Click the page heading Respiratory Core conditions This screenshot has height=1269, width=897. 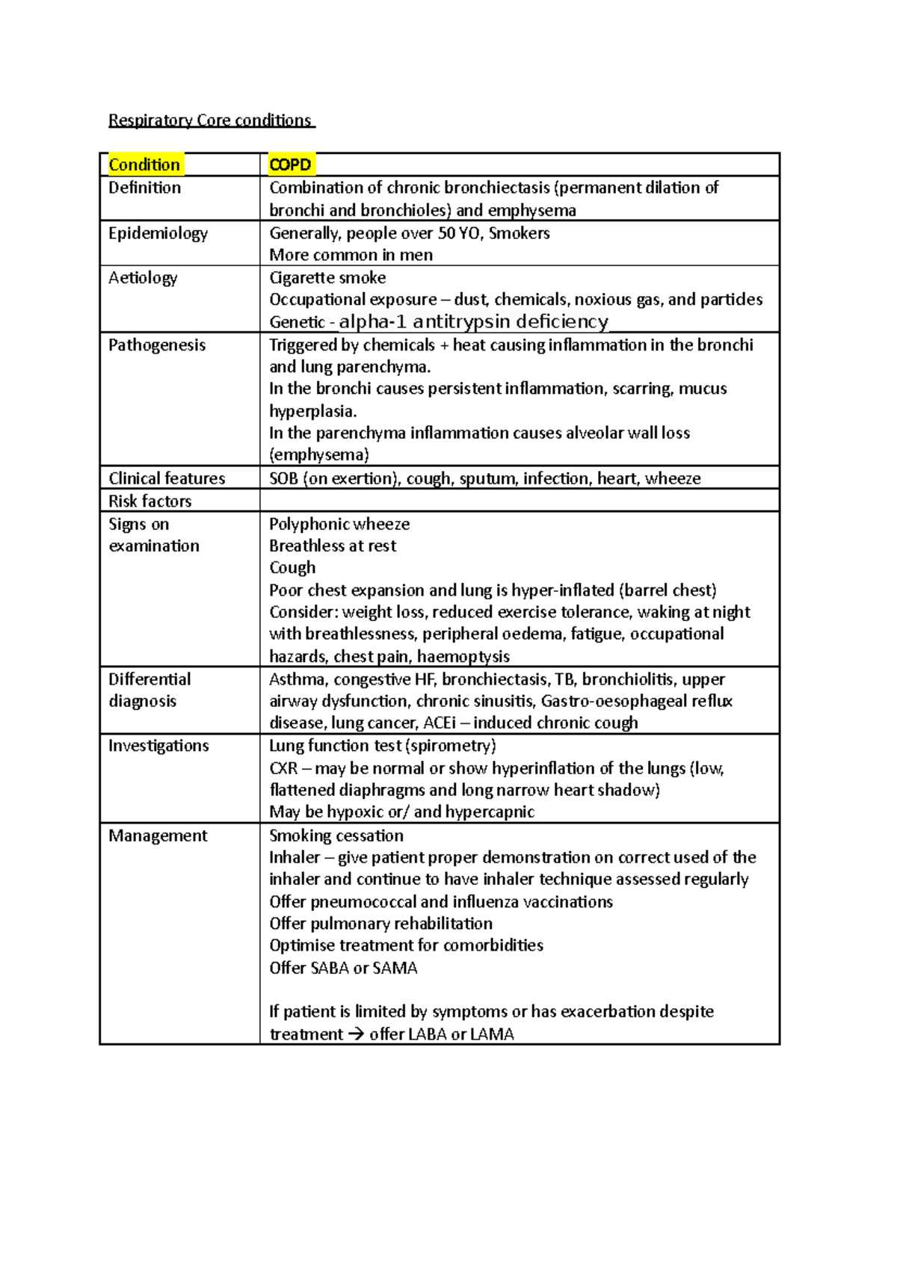[x=212, y=120]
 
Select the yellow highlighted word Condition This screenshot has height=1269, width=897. [x=144, y=164]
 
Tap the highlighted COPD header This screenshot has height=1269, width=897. [x=290, y=164]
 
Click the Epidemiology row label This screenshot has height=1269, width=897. [x=158, y=233]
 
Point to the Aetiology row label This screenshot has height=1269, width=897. [x=143, y=278]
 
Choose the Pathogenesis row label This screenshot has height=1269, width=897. [x=157, y=345]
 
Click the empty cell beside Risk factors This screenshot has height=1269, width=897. [x=519, y=501]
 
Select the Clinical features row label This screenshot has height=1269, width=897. [x=167, y=478]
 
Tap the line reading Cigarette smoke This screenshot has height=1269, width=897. [x=327, y=278]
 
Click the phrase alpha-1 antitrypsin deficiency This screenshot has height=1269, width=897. [x=473, y=322]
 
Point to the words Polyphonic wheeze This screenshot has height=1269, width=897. [x=339, y=524]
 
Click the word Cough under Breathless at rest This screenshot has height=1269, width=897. [x=292, y=568]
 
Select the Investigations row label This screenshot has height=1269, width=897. [x=158, y=746]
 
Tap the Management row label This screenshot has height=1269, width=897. [x=158, y=836]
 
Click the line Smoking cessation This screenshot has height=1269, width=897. [x=336, y=836]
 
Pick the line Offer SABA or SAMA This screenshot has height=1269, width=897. [x=343, y=968]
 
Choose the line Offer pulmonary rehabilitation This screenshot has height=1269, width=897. [x=380, y=924]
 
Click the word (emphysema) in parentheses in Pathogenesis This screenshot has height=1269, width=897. [x=319, y=455]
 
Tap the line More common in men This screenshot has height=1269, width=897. [x=351, y=255]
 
